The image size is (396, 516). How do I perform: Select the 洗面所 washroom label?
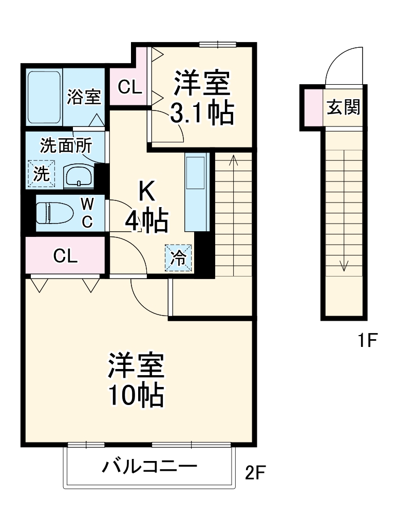[x=66, y=146]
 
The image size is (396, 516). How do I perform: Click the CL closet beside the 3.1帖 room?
[x=129, y=87]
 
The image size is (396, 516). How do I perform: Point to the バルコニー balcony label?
[x=149, y=467]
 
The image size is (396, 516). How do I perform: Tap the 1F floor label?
[x=368, y=340]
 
